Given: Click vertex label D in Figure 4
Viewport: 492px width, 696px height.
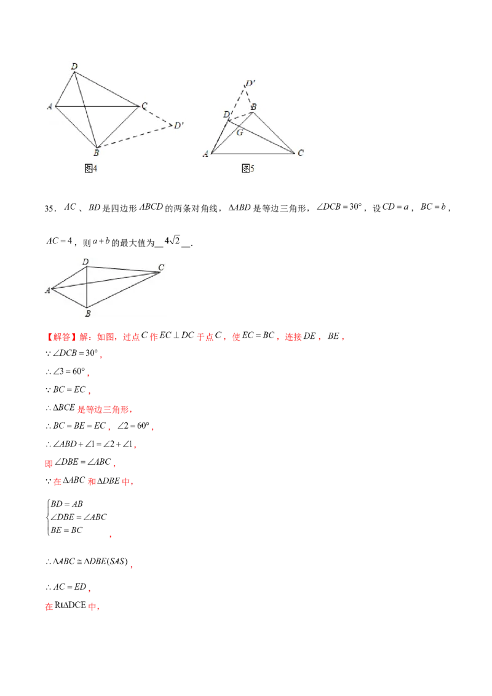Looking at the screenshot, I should tap(74, 66).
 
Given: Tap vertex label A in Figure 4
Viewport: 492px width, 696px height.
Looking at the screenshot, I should tap(49, 107).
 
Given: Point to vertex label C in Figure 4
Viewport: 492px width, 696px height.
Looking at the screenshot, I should tap(144, 107).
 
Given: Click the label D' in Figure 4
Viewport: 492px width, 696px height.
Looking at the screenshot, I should tap(178, 126).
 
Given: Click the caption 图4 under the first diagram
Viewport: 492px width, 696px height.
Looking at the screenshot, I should tap(90, 168).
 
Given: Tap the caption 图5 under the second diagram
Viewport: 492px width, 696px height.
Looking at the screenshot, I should tap(248, 168).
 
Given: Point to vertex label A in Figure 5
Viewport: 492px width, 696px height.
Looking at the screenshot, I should tap(205, 154).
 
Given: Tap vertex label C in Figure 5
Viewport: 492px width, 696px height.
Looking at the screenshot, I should tap(300, 154).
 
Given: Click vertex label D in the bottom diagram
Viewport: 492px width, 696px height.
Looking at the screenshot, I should tap(86, 263).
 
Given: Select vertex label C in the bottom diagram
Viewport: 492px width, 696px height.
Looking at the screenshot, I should tap(161, 267).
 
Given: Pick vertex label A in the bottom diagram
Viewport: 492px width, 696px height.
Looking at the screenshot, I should tap(47, 290).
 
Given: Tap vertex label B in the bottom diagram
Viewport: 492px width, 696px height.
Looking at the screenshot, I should tap(88, 314).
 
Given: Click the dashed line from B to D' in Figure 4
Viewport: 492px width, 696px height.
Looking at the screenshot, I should tap(135, 136).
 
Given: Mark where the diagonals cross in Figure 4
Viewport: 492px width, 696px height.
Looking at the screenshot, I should tap(85, 106).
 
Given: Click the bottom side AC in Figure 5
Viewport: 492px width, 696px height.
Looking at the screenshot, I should tap(252, 152).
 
